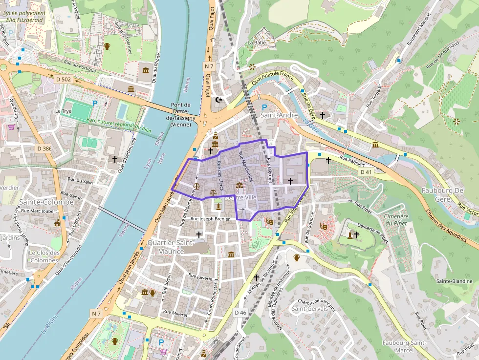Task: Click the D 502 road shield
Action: tap(64, 79)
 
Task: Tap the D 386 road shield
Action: tap(44, 148)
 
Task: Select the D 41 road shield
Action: tap(366, 172)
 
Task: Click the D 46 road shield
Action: tap(240, 312)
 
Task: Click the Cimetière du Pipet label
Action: tap(396, 220)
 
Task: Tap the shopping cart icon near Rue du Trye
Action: tap(11, 127)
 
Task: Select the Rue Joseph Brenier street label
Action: tap(210, 219)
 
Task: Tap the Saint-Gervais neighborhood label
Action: tap(306, 309)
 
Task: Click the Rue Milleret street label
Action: tap(175, 313)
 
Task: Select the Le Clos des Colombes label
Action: tap(44, 256)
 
